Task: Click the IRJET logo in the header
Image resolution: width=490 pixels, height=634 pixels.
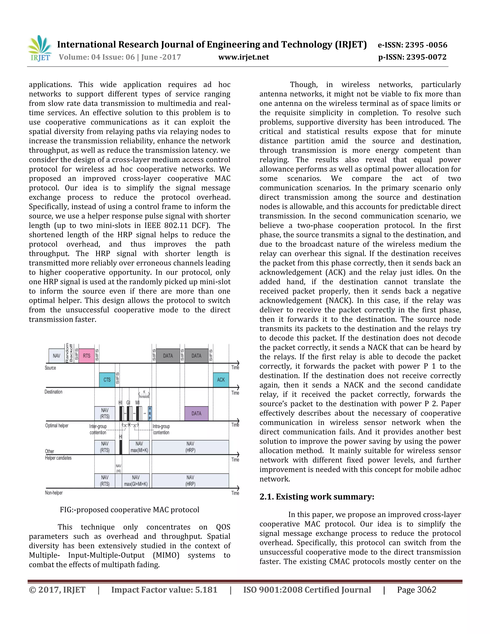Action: pyautogui.click(x=40, y=49)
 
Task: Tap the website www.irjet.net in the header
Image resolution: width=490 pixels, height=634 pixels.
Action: pyautogui.click(x=244, y=57)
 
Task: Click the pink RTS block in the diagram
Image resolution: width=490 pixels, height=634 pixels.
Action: pyautogui.click(x=87, y=356)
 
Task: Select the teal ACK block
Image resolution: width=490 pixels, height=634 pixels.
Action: pyautogui.click(x=221, y=380)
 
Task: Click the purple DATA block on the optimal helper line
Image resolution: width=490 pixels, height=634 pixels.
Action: pyautogui.click(x=196, y=413)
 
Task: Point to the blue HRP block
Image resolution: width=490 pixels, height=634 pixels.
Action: pyautogui.click(x=150, y=413)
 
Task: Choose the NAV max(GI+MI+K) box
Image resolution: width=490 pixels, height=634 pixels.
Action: pyautogui.click(x=136, y=481)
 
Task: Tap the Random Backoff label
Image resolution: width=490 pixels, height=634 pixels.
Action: pyautogui.click(x=69, y=353)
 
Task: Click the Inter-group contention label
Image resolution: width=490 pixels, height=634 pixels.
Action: pyautogui.click(x=98, y=429)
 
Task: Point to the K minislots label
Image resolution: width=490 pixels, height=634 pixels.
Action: pyautogui.click(x=144, y=394)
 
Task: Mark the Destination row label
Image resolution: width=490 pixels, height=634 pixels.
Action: pyautogui.click(x=53, y=392)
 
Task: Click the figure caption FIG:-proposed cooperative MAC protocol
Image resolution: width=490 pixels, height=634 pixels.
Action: pyautogui.click(x=129, y=510)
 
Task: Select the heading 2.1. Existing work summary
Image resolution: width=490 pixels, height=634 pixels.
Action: pyautogui.click(x=317, y=497)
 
